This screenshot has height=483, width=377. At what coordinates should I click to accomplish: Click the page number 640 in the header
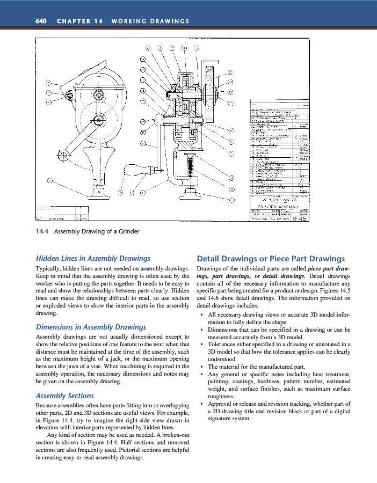41,21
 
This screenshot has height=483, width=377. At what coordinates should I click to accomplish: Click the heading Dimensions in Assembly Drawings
90,326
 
